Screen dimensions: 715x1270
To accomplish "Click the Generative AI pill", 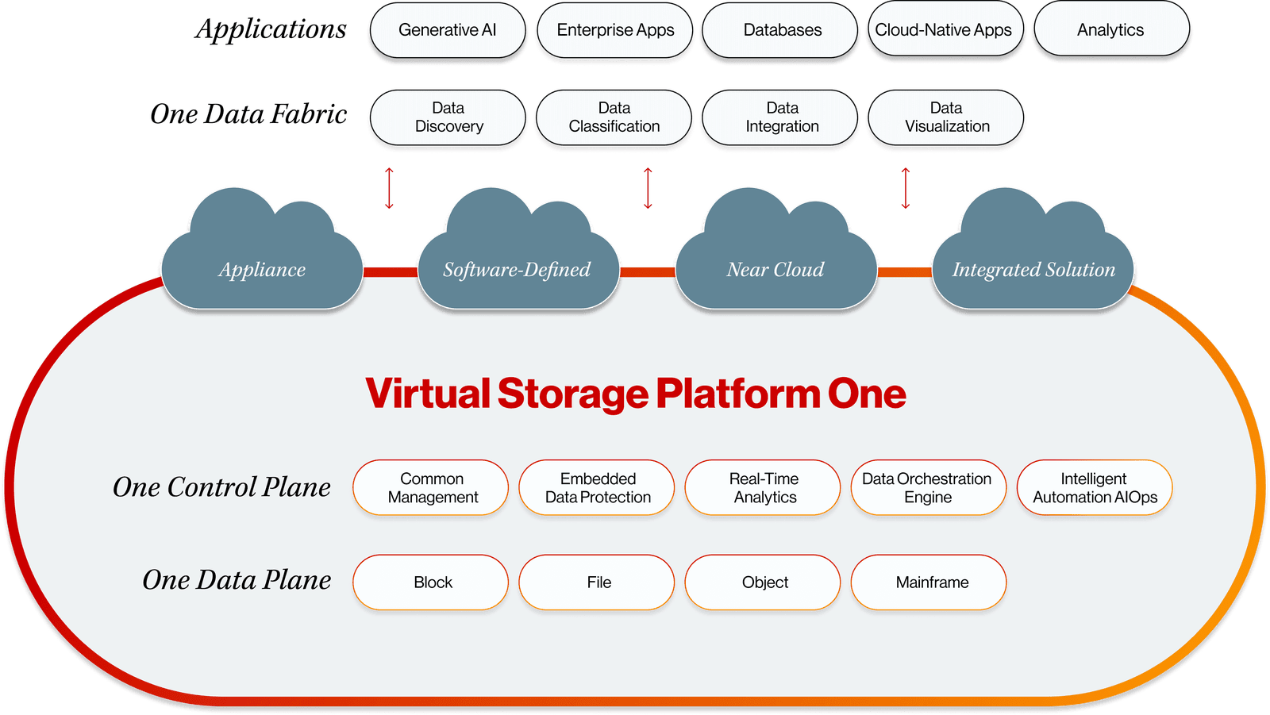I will click(448, 30).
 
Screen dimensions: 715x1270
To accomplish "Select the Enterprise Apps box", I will click(615, 30).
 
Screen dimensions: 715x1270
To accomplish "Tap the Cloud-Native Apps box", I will click(944, 30).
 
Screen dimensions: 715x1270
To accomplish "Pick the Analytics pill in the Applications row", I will click(1110, 30).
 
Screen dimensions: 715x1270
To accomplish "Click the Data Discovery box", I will click(448, 117).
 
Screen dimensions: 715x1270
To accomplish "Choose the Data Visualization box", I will click(946, 117).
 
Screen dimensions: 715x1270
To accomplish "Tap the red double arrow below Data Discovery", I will click(389, 188).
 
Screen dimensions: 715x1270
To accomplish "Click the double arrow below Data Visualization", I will click(905, 188).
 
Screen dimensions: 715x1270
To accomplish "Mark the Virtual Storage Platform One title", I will click(636, 394).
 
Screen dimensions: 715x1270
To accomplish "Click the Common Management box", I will click(431, 488).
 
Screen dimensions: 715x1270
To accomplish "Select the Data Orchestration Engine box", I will click(927, 488).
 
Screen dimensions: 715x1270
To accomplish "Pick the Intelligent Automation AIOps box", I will click(1095, 488).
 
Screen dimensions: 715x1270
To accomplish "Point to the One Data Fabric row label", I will click(248, 114).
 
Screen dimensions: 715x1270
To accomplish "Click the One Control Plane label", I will click(221, 487).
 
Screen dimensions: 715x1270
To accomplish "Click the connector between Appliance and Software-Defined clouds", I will click(391, 272).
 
